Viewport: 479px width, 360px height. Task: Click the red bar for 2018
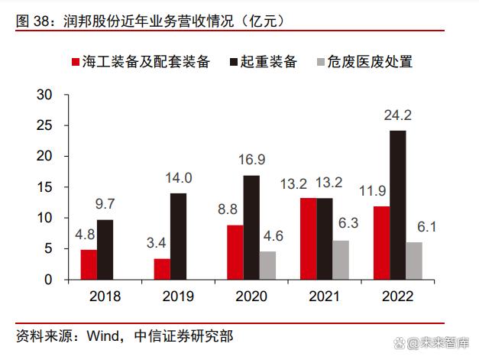(x=89, y=264)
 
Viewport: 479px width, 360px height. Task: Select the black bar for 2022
(x=397, y=205)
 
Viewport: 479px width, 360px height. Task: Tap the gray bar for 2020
(x=267, y=265)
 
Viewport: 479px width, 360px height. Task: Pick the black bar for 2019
(x=178, y=236)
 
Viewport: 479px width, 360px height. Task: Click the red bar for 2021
(x=308, y=238)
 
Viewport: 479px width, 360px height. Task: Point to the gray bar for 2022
(x=413, y=261)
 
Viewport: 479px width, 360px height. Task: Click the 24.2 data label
(x=397, y=116)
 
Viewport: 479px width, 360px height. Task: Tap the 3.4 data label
(x=161, y=244)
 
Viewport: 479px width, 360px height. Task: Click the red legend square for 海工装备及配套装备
(x=76, y=62)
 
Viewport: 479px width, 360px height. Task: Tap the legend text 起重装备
(x=268, y=62)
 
